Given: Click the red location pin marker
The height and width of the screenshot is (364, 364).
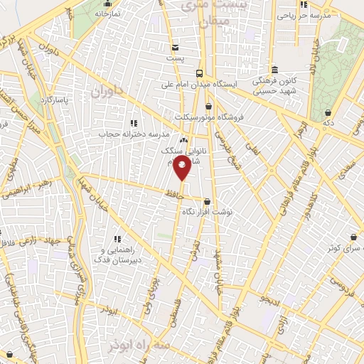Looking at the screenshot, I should click(x=183, y=168).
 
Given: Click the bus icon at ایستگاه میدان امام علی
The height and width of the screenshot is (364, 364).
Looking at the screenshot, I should click(x=200, y=73).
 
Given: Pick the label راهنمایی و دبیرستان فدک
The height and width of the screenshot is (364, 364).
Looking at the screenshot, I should click(x=118, y=256).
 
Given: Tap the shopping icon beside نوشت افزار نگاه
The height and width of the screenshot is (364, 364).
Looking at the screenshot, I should click(x=208, y=200).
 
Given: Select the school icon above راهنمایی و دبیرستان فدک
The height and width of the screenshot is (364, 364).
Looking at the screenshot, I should click(x=118, y=238).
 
